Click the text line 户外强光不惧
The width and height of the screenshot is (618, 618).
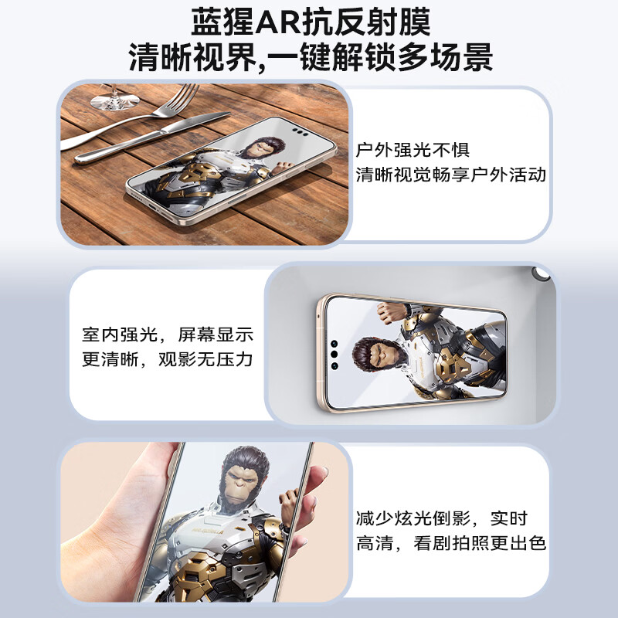click(x=413, y=150)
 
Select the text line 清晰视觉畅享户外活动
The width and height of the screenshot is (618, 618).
click(x=451, y=175)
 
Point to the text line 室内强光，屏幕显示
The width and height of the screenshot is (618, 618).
click(x=168, y=335)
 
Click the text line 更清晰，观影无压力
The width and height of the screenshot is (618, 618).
click(x=168, y=360)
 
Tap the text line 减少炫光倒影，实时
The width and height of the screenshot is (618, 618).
click(x=441, y=518)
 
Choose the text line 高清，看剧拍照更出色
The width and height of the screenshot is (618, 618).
click(x=451, y=543)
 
